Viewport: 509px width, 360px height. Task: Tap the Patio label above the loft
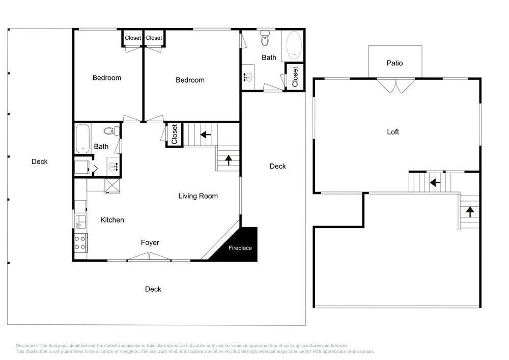click(394, 63)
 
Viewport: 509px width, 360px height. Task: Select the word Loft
click(393, 132)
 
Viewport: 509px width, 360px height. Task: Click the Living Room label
click(198, 196)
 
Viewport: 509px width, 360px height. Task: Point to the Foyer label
click(150, 242)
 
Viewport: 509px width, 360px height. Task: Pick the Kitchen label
click(112, 220)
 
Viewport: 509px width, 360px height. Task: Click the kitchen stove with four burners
click(80, 242)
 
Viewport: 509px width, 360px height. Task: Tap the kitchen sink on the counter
click(80, 221)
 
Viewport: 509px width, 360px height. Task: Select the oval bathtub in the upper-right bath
click(294, 45)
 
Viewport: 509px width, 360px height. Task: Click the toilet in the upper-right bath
click(265, 38)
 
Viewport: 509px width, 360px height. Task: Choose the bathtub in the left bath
click(82, 139)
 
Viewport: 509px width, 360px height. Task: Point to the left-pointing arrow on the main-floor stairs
click(206, 134)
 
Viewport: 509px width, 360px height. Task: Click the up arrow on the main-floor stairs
click(229, 160)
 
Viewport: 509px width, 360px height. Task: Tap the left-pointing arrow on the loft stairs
click(435, 183)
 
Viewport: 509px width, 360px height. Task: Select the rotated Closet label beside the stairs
click(174, 134)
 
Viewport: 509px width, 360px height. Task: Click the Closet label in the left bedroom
click(133, 38)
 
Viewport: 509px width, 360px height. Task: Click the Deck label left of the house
click(39, 161)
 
